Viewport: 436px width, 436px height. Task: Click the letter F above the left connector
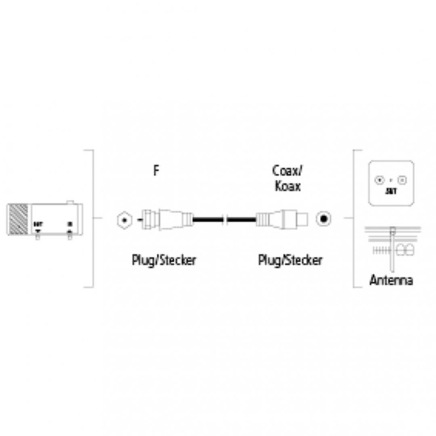click(x=156, y=170)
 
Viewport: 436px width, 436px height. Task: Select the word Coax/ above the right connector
click(x=287, y=171)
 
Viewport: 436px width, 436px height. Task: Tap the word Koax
click(x=287, y=186)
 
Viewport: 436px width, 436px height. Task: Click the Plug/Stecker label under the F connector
click(x=164, y=260)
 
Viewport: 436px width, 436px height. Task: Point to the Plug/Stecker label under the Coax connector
click(x=290, y=260)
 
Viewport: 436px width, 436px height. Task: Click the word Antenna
click(x=391, y=280)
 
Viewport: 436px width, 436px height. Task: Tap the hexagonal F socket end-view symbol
click(x=124, y=220)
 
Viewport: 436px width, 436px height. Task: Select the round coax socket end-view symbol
click(x=324, y=220)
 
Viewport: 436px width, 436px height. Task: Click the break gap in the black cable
click(x=226, y=220)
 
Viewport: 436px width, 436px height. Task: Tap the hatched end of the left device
click(x=18, y=220)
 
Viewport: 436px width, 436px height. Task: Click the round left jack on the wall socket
click(x=379, y=180)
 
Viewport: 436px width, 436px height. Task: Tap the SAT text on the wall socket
click(x=391, y=191)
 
